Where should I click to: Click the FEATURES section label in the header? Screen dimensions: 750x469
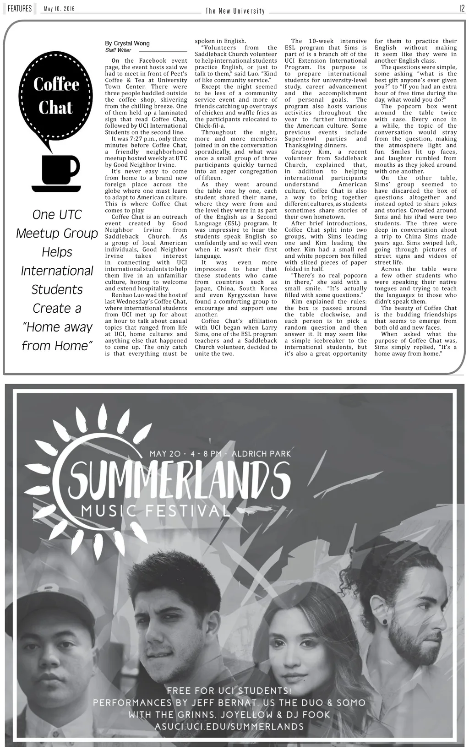tap(19, 9)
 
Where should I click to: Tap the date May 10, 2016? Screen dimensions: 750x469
tap(60, 9)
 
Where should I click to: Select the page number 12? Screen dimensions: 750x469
tap(462, 9)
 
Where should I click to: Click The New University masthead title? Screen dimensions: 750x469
tap(235, 11)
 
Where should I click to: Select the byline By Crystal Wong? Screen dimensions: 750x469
tap(127, 43)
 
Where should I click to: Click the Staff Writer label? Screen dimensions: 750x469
tap(118, 50)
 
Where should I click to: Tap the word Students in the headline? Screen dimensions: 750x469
tap(57, 289)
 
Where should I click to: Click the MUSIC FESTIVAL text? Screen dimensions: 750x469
tap(155, 511)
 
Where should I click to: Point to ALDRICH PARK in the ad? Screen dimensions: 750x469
tap(261, 454)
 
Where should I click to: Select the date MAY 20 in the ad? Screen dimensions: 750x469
tap(165, 454)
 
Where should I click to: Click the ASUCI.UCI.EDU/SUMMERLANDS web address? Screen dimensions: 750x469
tap(229, 726)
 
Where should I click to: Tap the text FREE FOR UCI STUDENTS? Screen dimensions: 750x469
tap(229, 690)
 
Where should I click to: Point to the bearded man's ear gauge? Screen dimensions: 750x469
tap(384, 621)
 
